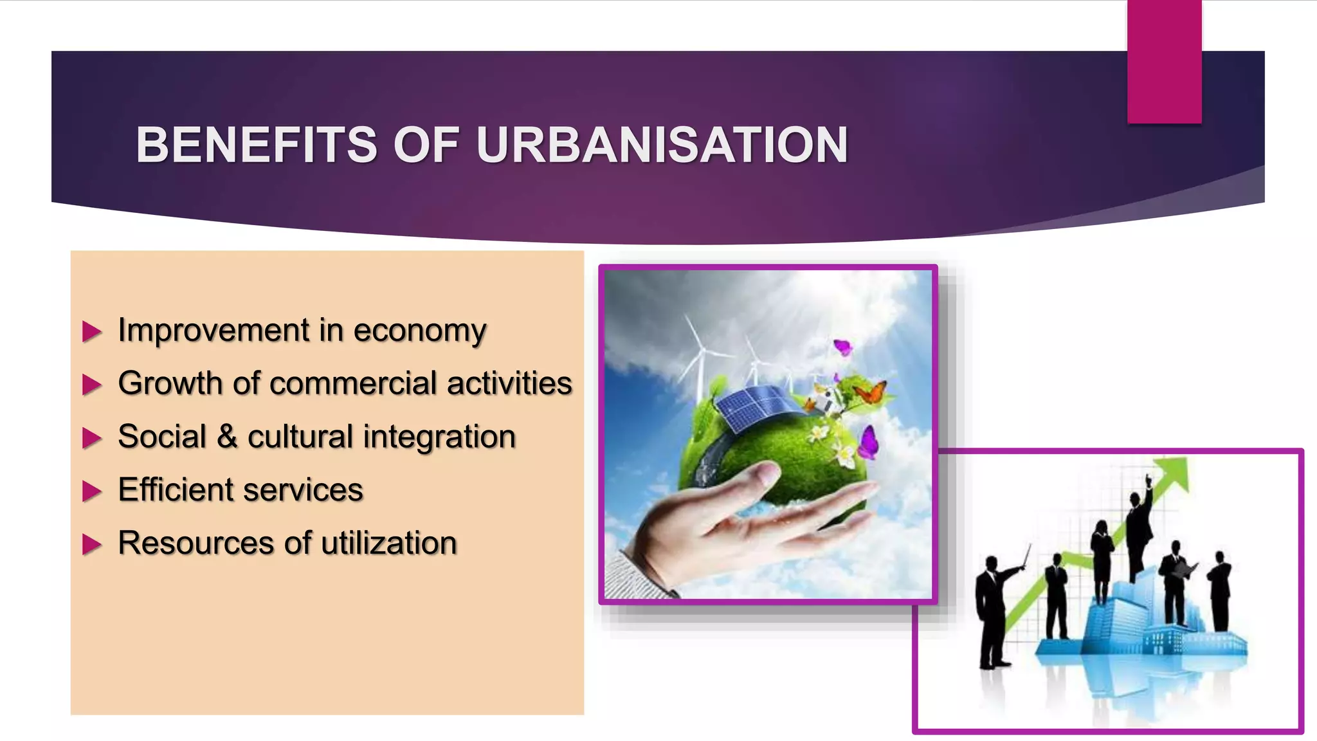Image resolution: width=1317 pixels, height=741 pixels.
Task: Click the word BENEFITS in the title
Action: pyautogui.click(x=256, y=145)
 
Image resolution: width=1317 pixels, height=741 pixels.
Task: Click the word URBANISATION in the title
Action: pyautogui.click(x=662, y=145)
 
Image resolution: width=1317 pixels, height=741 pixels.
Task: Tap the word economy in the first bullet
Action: pyautogui.click(x=419, y=331)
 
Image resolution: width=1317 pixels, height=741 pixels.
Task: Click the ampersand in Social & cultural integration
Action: pyautogui.click(x=226, y=437)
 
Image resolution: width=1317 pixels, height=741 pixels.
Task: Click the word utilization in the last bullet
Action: pyautogui.click(x=388, y=543)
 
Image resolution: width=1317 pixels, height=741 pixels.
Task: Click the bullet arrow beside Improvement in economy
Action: pyautogui.click(x=92, y=332)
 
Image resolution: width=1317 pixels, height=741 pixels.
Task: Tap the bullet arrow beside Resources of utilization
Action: pyautogui.click(x=92, y=545)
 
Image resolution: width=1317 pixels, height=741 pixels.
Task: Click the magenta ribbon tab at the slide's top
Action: pyautogui.click(x=1164, y=61)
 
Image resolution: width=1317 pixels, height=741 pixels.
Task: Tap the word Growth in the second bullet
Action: pyautogui.click(x=170, y=383)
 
